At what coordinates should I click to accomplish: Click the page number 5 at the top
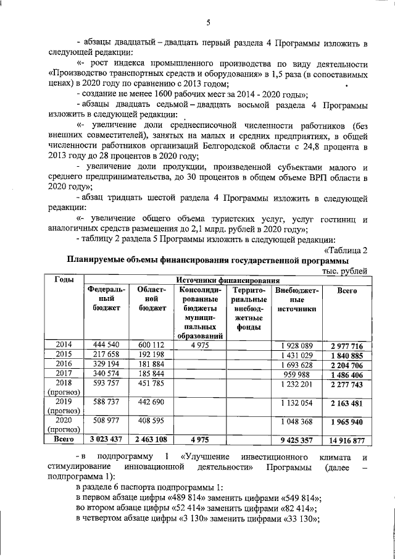pyautogui.click(x=208, y=23)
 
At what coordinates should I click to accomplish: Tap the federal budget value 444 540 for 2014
pyautogui.click(x=106, y=345)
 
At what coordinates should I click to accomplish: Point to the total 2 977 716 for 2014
pyautogui.click(x=350, y=345)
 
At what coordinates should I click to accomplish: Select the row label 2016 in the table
pyautogui.click(x=64, y=365)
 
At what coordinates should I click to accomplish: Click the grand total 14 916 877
pyautogui.click(x=350, y=440)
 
